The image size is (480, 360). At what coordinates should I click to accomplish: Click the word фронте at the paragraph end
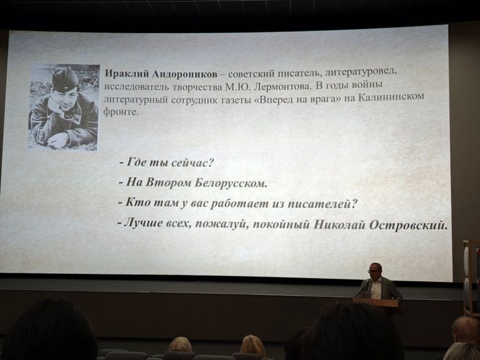(121, 112)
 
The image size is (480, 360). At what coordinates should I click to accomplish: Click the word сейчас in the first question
(191, 163)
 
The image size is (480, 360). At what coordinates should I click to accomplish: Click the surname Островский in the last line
(408, 225)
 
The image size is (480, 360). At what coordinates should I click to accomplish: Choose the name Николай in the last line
(340, 225)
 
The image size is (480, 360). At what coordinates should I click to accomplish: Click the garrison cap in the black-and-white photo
(65, 78)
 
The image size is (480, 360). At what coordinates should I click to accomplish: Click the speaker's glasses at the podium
(374, 271)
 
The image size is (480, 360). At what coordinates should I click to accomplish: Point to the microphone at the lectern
(360, 289)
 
